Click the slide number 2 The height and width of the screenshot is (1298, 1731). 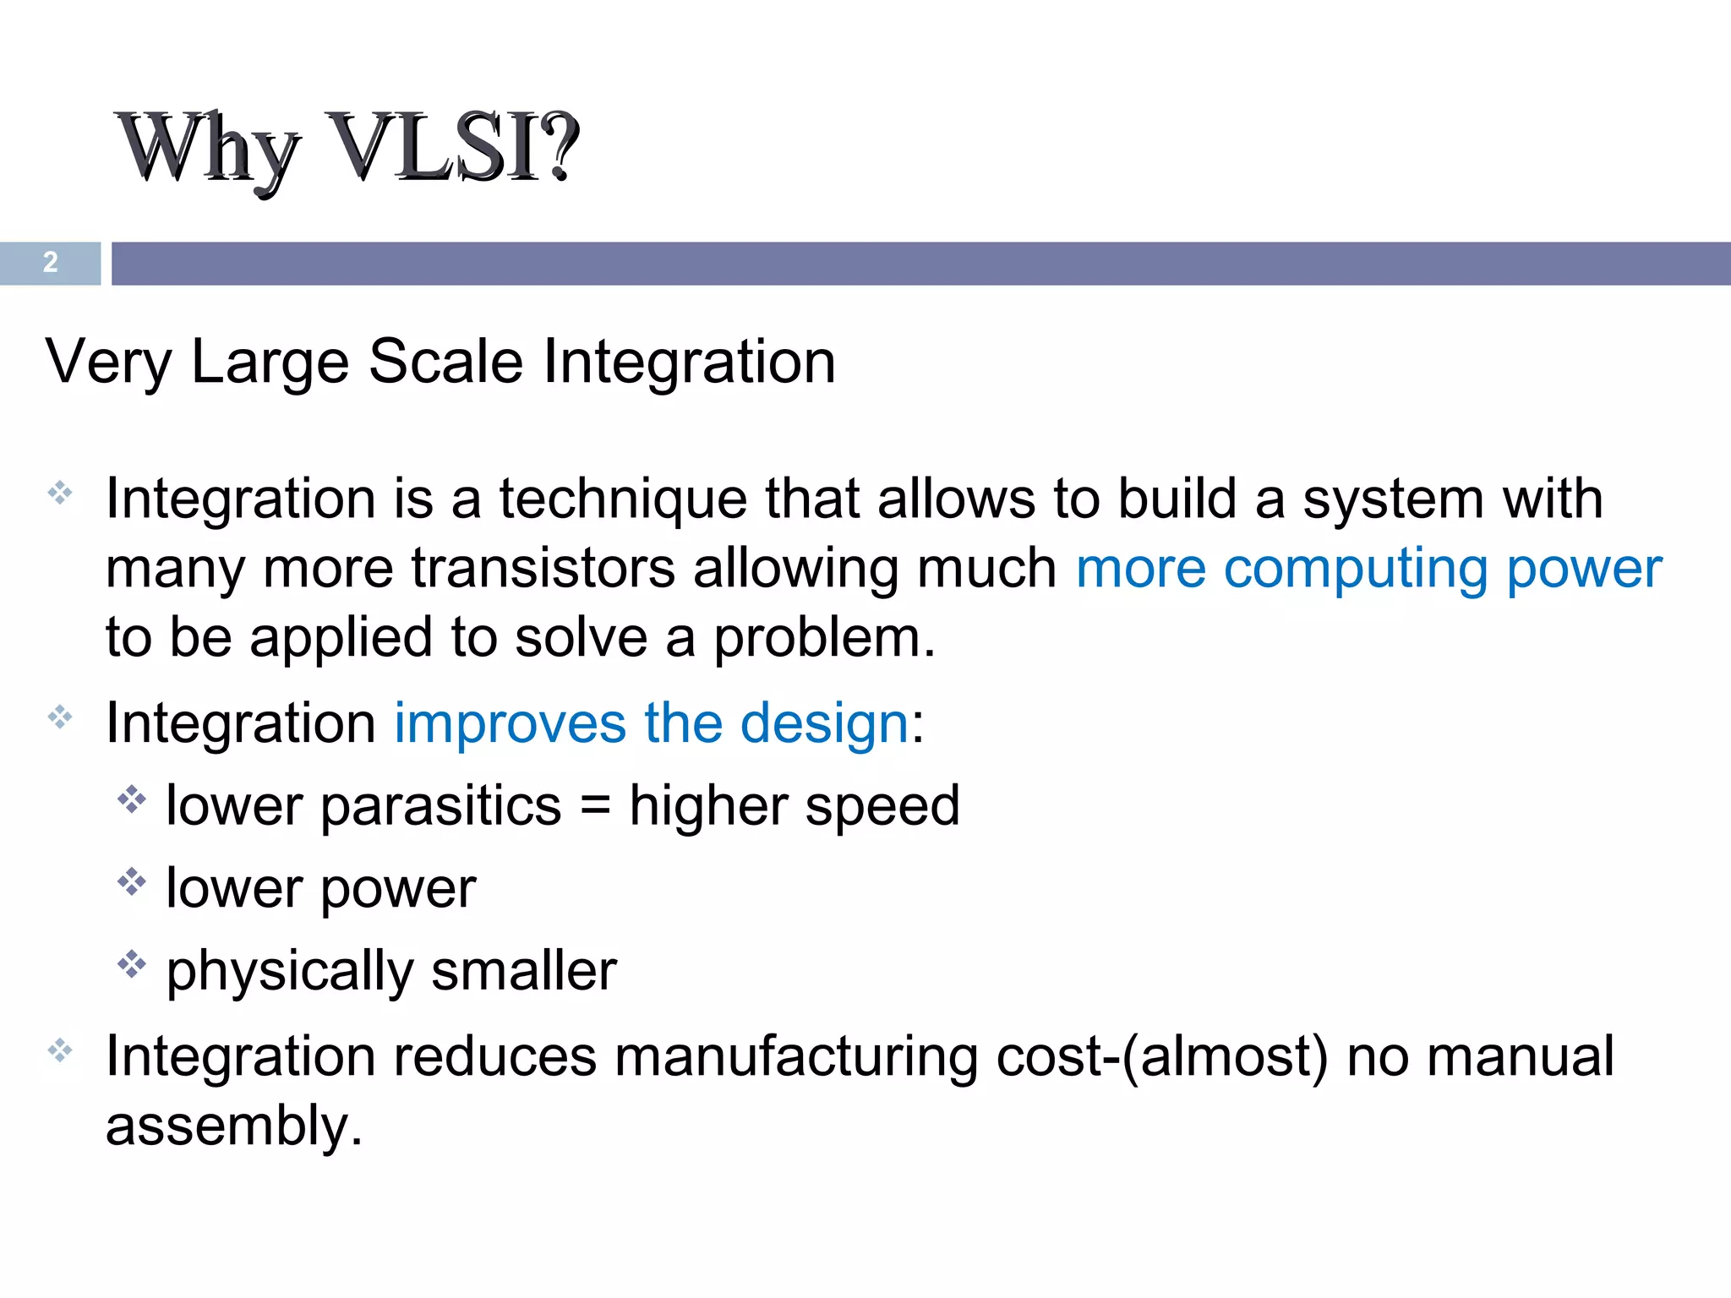[51, 263]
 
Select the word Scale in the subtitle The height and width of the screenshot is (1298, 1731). [446, 362]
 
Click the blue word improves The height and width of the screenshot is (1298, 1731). [510, 724]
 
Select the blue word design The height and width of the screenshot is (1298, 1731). [824, 724]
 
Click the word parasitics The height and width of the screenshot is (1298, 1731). [440, 806]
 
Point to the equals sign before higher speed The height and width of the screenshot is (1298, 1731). [595, 806]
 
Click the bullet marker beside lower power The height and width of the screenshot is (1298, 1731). [132, 881]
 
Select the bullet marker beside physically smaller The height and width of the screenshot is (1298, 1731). [132, 963]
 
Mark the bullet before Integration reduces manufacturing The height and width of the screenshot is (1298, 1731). [60, 1051]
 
